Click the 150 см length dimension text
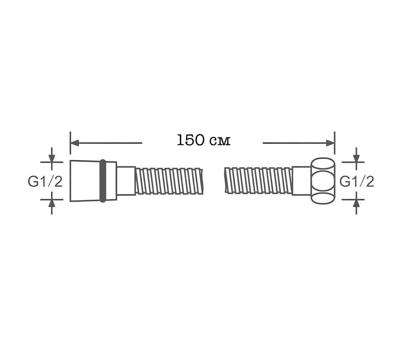pos(204,140)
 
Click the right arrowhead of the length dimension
pos(330,143)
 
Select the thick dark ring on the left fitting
pos(103,181)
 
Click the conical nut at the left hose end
pos(85,181)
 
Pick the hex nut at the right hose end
pos(323,181)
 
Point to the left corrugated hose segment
pos(169,181)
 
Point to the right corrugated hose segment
pos(258,181)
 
